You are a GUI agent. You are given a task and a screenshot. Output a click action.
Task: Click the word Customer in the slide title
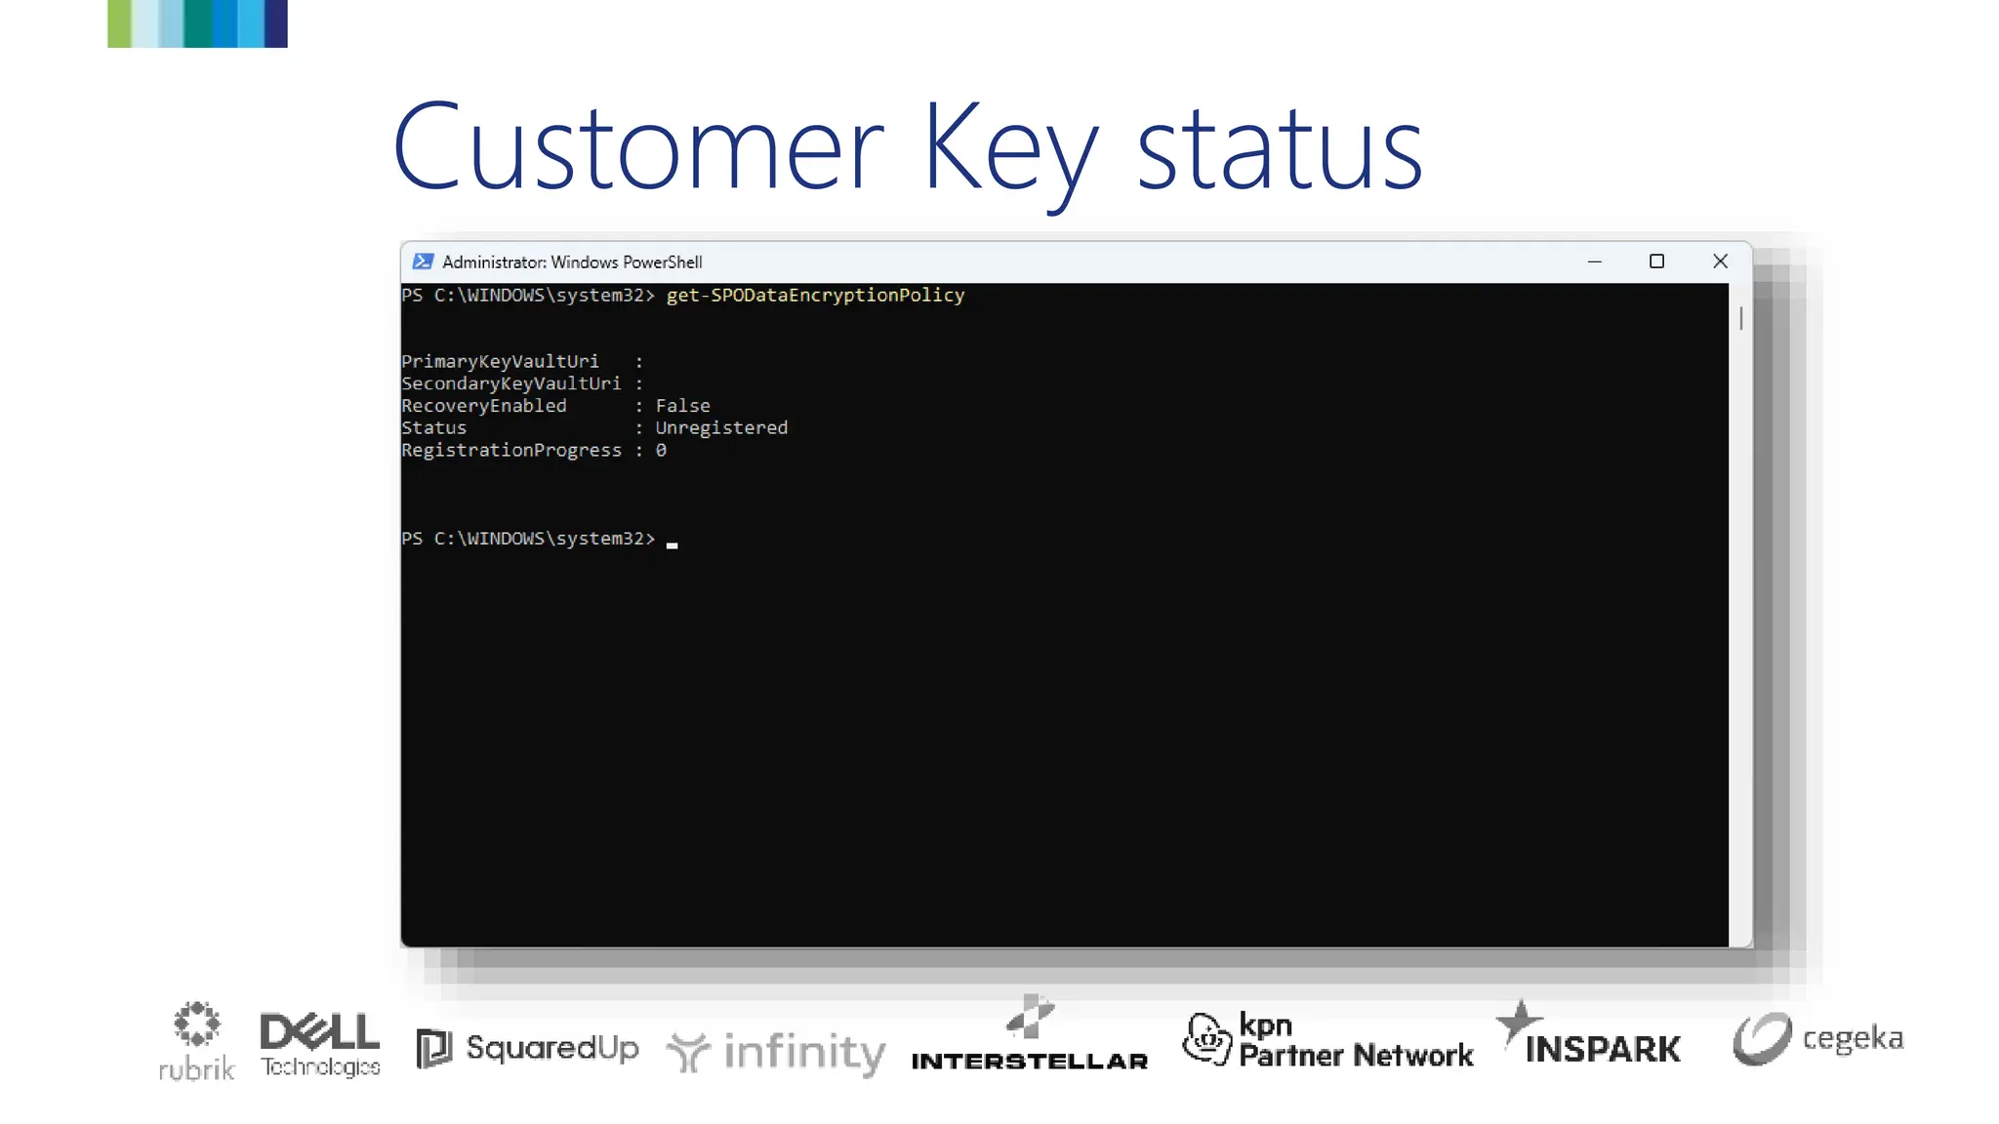coord(638,148)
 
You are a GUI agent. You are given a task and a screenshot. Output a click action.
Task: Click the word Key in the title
coord(1009,151)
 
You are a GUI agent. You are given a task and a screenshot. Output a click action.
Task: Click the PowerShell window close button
coord(1720,261)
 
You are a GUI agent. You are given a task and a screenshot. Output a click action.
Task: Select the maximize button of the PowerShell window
coord(1656,261)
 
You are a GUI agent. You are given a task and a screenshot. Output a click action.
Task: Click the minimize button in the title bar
coord(1595,261)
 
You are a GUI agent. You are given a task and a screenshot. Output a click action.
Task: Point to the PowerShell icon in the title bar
coord(423,261)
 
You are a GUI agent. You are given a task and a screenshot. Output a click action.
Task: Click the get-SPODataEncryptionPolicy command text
coord(815,295)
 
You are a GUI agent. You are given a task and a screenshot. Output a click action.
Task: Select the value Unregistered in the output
coord(721,427)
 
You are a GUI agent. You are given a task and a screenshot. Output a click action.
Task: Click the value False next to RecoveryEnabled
coord(682,405)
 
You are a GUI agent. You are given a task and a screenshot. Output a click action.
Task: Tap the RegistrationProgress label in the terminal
coord(511,450)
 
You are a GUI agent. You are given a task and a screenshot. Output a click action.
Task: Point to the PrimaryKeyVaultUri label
coord(500,361)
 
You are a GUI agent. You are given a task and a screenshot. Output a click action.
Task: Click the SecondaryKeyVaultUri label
coord(510,383)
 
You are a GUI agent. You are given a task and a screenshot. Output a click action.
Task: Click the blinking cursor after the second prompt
coord(672,544)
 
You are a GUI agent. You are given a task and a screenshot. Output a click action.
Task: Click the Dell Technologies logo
coord(320,1044)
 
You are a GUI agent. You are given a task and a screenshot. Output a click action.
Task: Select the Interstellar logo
coord(1030,1037)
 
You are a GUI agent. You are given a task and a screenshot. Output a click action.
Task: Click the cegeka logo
coord(1817,1039)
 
